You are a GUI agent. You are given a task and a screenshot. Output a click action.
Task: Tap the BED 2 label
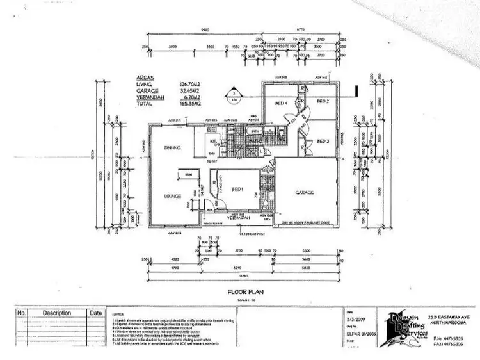click(x=322, y=102)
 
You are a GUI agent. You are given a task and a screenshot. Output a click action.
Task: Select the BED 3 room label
click(x=322, y=142)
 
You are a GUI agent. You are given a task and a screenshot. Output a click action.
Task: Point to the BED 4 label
click(x=280, y=103)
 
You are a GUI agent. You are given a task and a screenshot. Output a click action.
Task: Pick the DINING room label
click(x=172, y=149)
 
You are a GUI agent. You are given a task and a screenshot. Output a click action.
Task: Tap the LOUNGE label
click(x=172, y=196)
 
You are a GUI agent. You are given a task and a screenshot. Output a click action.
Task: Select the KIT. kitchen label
click(x=213, y=141)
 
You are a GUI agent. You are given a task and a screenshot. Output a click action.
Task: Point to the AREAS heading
click(x=144, y=80)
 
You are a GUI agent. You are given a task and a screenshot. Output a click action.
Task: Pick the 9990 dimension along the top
click(x=204, y=29)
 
